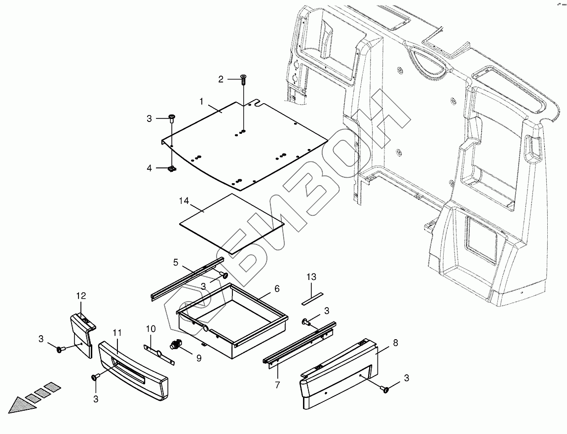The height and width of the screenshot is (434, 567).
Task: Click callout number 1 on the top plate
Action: [202, 101]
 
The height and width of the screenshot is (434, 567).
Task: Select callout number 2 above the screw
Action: [221, 79]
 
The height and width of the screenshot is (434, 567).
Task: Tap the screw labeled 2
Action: [244, 77]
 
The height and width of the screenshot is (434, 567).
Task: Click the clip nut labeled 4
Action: [171, 169]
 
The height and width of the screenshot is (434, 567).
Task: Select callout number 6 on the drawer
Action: [277, 288]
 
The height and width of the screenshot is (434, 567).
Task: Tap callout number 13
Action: [311, 277]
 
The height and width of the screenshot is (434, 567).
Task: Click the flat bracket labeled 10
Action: [159, 352]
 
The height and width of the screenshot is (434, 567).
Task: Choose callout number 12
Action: [81, 296]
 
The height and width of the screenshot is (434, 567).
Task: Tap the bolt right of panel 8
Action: [386, 390]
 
